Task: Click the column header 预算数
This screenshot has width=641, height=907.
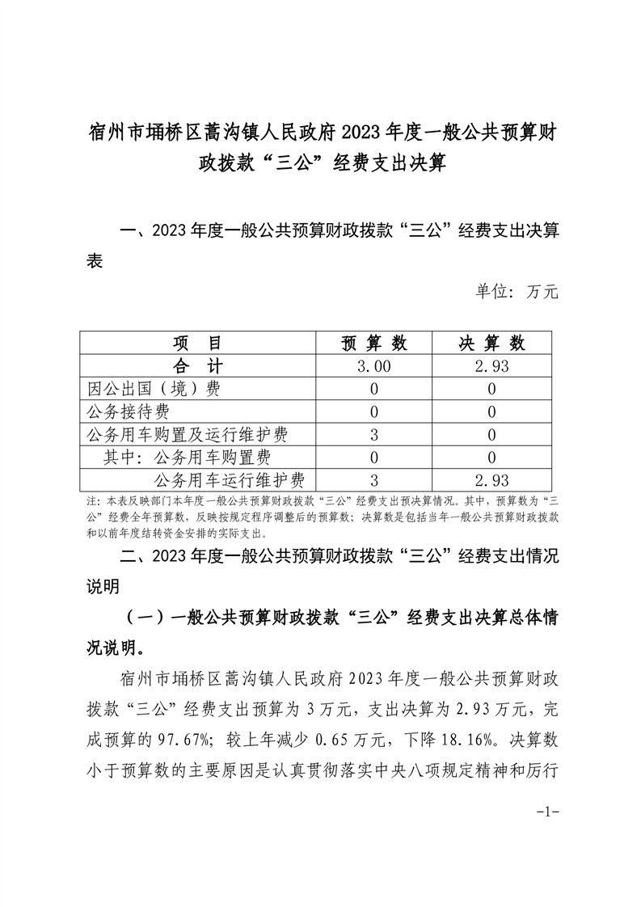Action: (373, 343)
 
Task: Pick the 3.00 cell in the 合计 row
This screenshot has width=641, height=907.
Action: (373, 365)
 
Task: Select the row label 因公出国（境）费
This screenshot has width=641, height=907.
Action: (153, 389)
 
